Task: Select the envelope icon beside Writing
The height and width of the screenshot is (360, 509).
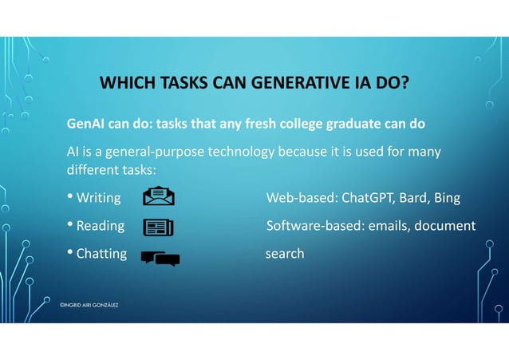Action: click(159, 197)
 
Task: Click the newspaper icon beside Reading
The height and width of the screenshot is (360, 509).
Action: click(158, 227)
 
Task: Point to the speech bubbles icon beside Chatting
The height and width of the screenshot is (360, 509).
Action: click(160, 257)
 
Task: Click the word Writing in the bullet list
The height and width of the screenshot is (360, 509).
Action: click(98, 198)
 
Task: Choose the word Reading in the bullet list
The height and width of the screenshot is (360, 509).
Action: click(100, 226)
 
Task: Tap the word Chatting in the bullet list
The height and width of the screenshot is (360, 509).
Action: click(101, 254)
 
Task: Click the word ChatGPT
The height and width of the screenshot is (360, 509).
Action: click(370, 198)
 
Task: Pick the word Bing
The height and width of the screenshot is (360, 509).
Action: click(448, 198)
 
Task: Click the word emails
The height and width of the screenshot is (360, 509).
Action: click(389, 226)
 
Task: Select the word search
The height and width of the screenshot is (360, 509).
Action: click(284, 254)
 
